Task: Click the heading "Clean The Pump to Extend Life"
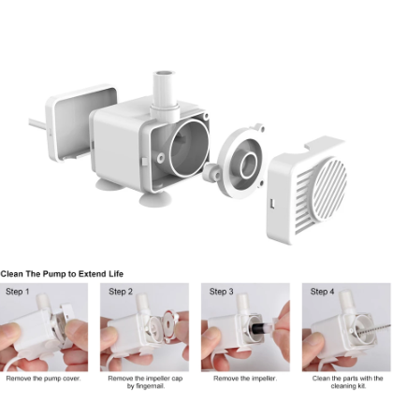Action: [62, 274]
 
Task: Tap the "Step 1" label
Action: [18, 292]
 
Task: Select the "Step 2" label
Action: [121, 292]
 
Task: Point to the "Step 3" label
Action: [222, 292]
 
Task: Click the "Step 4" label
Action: [322, 292]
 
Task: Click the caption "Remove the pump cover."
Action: [43, 379]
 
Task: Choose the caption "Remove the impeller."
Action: [245, 379]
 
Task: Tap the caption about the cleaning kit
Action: [347, 382]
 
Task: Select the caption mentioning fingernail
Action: [145, 382]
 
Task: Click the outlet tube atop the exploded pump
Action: [164, 93]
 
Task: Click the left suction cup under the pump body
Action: [109, 184]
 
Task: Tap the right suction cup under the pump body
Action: [155, 198]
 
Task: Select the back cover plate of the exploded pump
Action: [81, 122]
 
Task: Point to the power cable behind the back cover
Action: [37, 124]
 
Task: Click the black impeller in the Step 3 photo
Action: [261, 329]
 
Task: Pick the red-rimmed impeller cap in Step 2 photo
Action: [169, 326]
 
